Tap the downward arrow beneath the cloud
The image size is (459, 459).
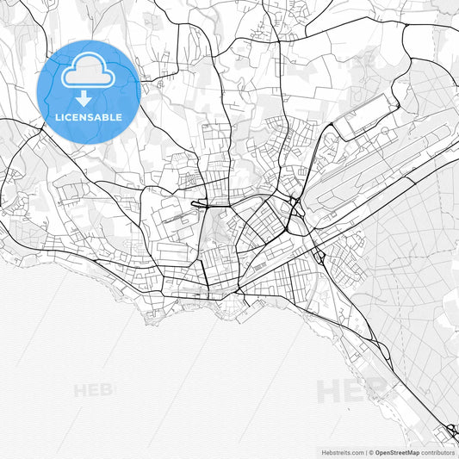89,97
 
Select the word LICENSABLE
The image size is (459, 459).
89,117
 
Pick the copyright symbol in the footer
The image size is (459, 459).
371,452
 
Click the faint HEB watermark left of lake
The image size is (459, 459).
93,390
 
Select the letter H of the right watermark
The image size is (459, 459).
330,392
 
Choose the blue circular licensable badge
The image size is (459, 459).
89,91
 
